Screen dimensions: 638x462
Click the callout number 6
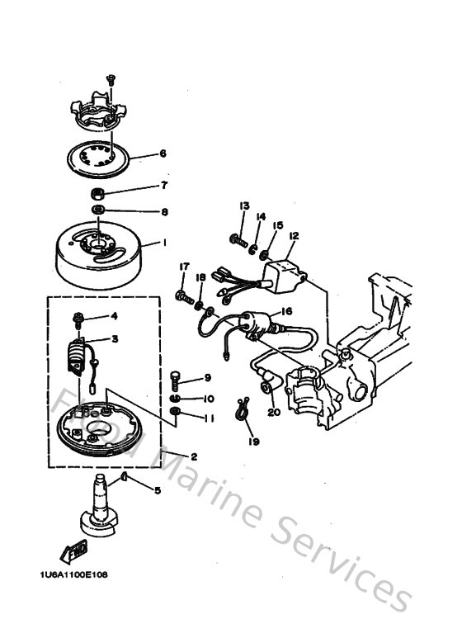163,154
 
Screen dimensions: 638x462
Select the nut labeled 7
97,195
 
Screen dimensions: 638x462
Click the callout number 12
294,235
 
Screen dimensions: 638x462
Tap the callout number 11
208,418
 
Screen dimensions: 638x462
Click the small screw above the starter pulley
109,80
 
